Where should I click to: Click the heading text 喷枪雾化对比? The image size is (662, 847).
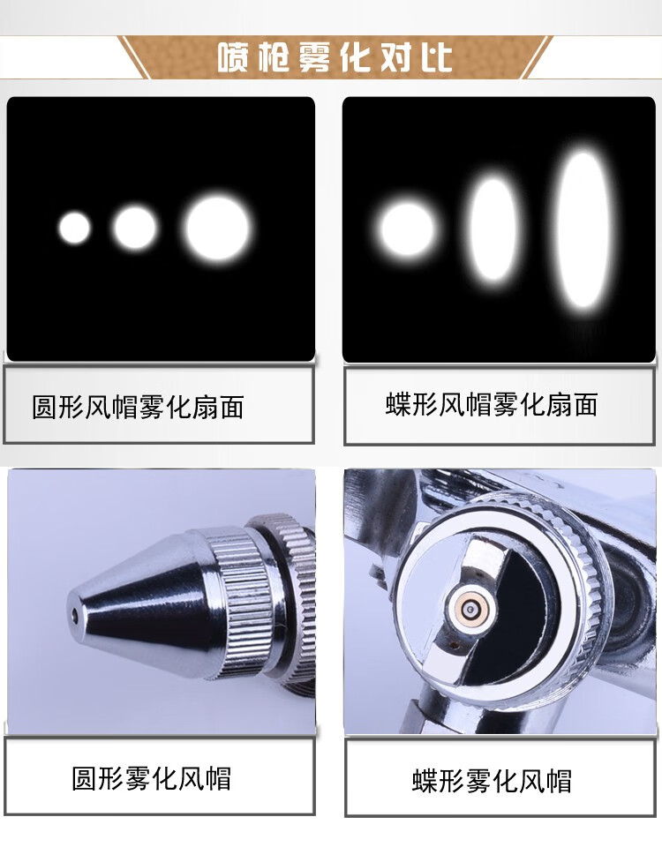pyautogui.click(x=335, y=57)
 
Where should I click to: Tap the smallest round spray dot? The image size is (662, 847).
pyautogui.click(x=74, y=228)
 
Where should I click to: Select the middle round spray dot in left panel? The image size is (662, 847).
pyautogui.click(x=134, y=228)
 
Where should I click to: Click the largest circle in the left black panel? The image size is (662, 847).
pyautogui.click(x=217, y=228)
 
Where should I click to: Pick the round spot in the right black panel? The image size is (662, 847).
pyautogui.click(x=407, y=229)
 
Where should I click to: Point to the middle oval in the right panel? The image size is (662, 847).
pyautogui.click(x=493, y=229)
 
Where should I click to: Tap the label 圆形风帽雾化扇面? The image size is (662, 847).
pyautogui.click(x=138, y=407)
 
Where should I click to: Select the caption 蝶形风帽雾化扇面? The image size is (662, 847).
pyautogui.click(x=492, y=405)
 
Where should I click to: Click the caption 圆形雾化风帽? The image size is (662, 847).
pyautogui.click(x=151, y=778)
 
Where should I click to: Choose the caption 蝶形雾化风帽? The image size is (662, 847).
pyautogui.click(x=492, y=781)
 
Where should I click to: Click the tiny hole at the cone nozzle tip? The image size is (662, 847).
pyautogui.click(x=74, y=614)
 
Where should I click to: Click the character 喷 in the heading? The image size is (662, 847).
pyautogui.click(x=233, y=57)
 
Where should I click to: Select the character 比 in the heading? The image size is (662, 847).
pyautogui.click(x=437, y=57)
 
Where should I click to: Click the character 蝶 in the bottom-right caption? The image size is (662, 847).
pyautogui.click(x=425, y=781)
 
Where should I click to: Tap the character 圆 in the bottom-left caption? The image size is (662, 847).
pyautogui.click(x=85, y=778)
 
